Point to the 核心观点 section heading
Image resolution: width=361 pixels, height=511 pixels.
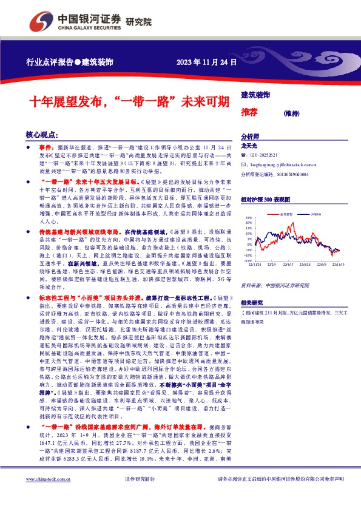click(43, 134)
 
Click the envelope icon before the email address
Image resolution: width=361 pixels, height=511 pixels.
click(244, 164)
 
